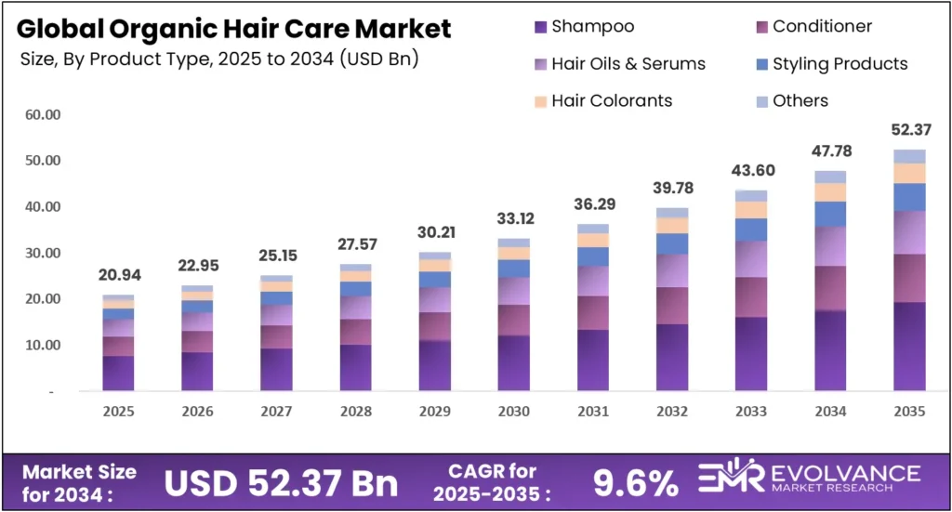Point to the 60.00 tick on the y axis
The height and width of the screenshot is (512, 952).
pos(42,115)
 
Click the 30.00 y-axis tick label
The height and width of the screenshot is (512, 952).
pos(42,253)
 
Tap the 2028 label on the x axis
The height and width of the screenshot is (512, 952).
pos(355,412)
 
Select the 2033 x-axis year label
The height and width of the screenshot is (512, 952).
pos(751,412)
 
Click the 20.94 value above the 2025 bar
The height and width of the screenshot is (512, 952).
pos(118,276)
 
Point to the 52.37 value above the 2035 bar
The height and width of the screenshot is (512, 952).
pos(909,129)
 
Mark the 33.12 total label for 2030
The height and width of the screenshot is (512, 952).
pos(514,220)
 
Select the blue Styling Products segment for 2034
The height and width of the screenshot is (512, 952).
pos(830,214)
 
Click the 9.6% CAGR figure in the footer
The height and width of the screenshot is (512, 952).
pos(636,482)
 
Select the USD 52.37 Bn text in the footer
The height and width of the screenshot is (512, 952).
pos(281,482)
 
